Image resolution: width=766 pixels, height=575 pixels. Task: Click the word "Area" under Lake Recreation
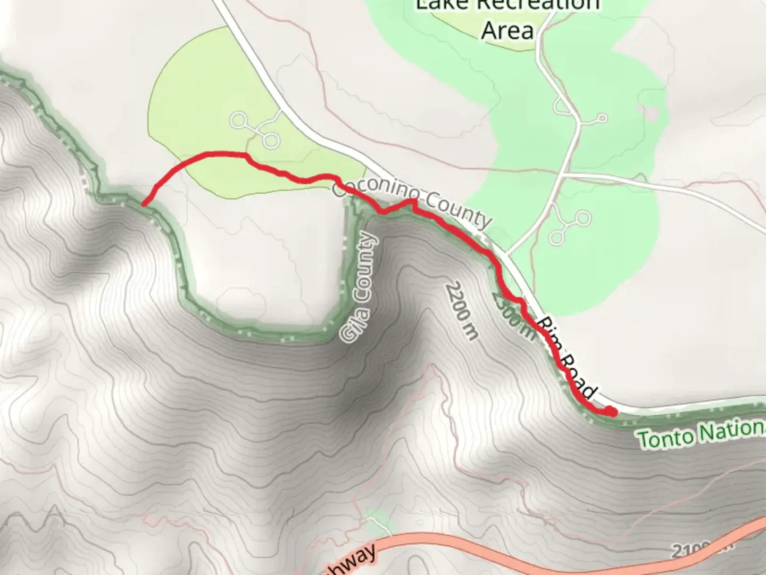(507, 30)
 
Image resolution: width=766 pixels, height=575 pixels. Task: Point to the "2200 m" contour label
(462, 311)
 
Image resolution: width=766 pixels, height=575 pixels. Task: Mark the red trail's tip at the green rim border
(144, 203)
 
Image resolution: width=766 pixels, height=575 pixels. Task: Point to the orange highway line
(532, 551)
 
